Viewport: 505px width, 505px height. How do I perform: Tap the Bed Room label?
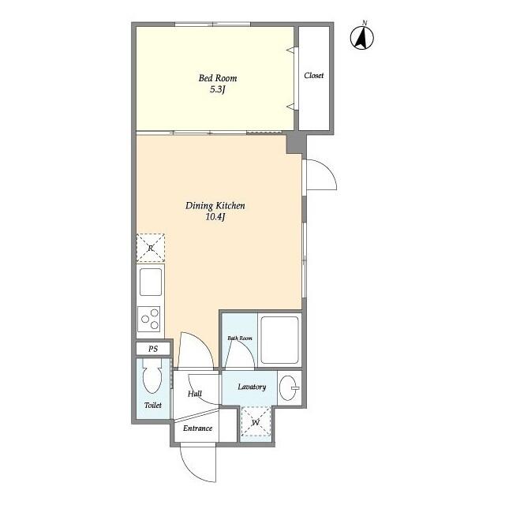point(217,78)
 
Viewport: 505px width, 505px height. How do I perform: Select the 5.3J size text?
point(217,90)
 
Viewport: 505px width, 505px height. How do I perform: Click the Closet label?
point(314,76)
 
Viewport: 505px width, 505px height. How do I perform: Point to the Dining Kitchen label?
point(215,205)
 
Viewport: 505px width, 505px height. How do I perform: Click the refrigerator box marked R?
point(151,248)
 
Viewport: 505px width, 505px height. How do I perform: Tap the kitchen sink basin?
point(150,280)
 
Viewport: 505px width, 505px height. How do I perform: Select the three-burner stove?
point(150,320)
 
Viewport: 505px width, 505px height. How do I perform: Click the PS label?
point(152,349)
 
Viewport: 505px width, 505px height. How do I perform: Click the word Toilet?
point(152,406)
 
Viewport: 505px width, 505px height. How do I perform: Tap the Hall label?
point(195,394)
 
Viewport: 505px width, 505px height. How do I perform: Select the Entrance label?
point(197,428)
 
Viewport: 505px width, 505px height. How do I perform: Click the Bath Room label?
point(240,339)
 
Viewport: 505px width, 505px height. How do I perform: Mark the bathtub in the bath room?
point(279,339)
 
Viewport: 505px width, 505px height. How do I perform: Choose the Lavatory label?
point(252,387)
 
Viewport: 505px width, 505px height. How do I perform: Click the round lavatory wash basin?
point(290,387)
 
